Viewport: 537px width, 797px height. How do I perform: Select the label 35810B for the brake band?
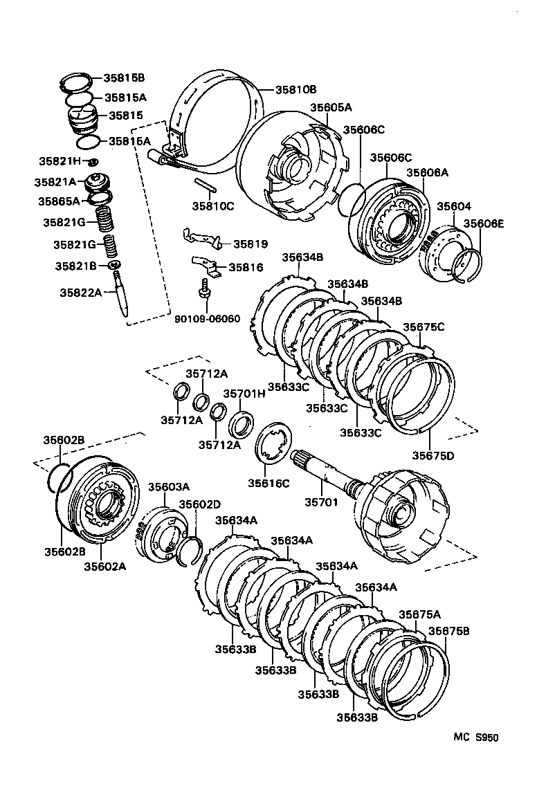[x=295, y=90]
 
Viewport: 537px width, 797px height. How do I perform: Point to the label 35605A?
[x=331, y=107]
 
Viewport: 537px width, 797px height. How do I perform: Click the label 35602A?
[x=105, y=567]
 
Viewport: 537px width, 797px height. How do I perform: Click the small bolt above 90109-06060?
[x=205, y=288]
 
